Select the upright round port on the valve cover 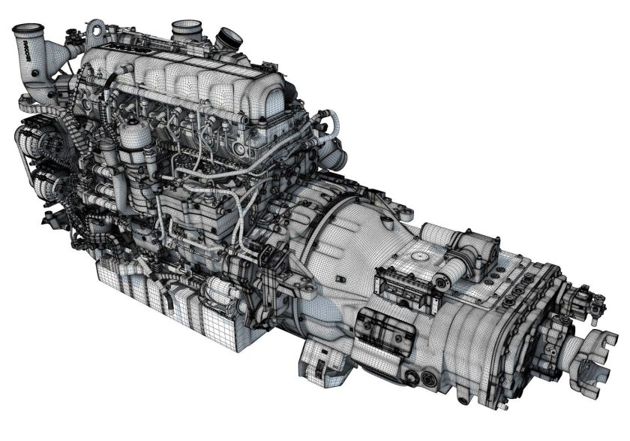click(x=186, y=29)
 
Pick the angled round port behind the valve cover click(x=227, y=37)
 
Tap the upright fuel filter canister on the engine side click(x=135, y=143)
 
